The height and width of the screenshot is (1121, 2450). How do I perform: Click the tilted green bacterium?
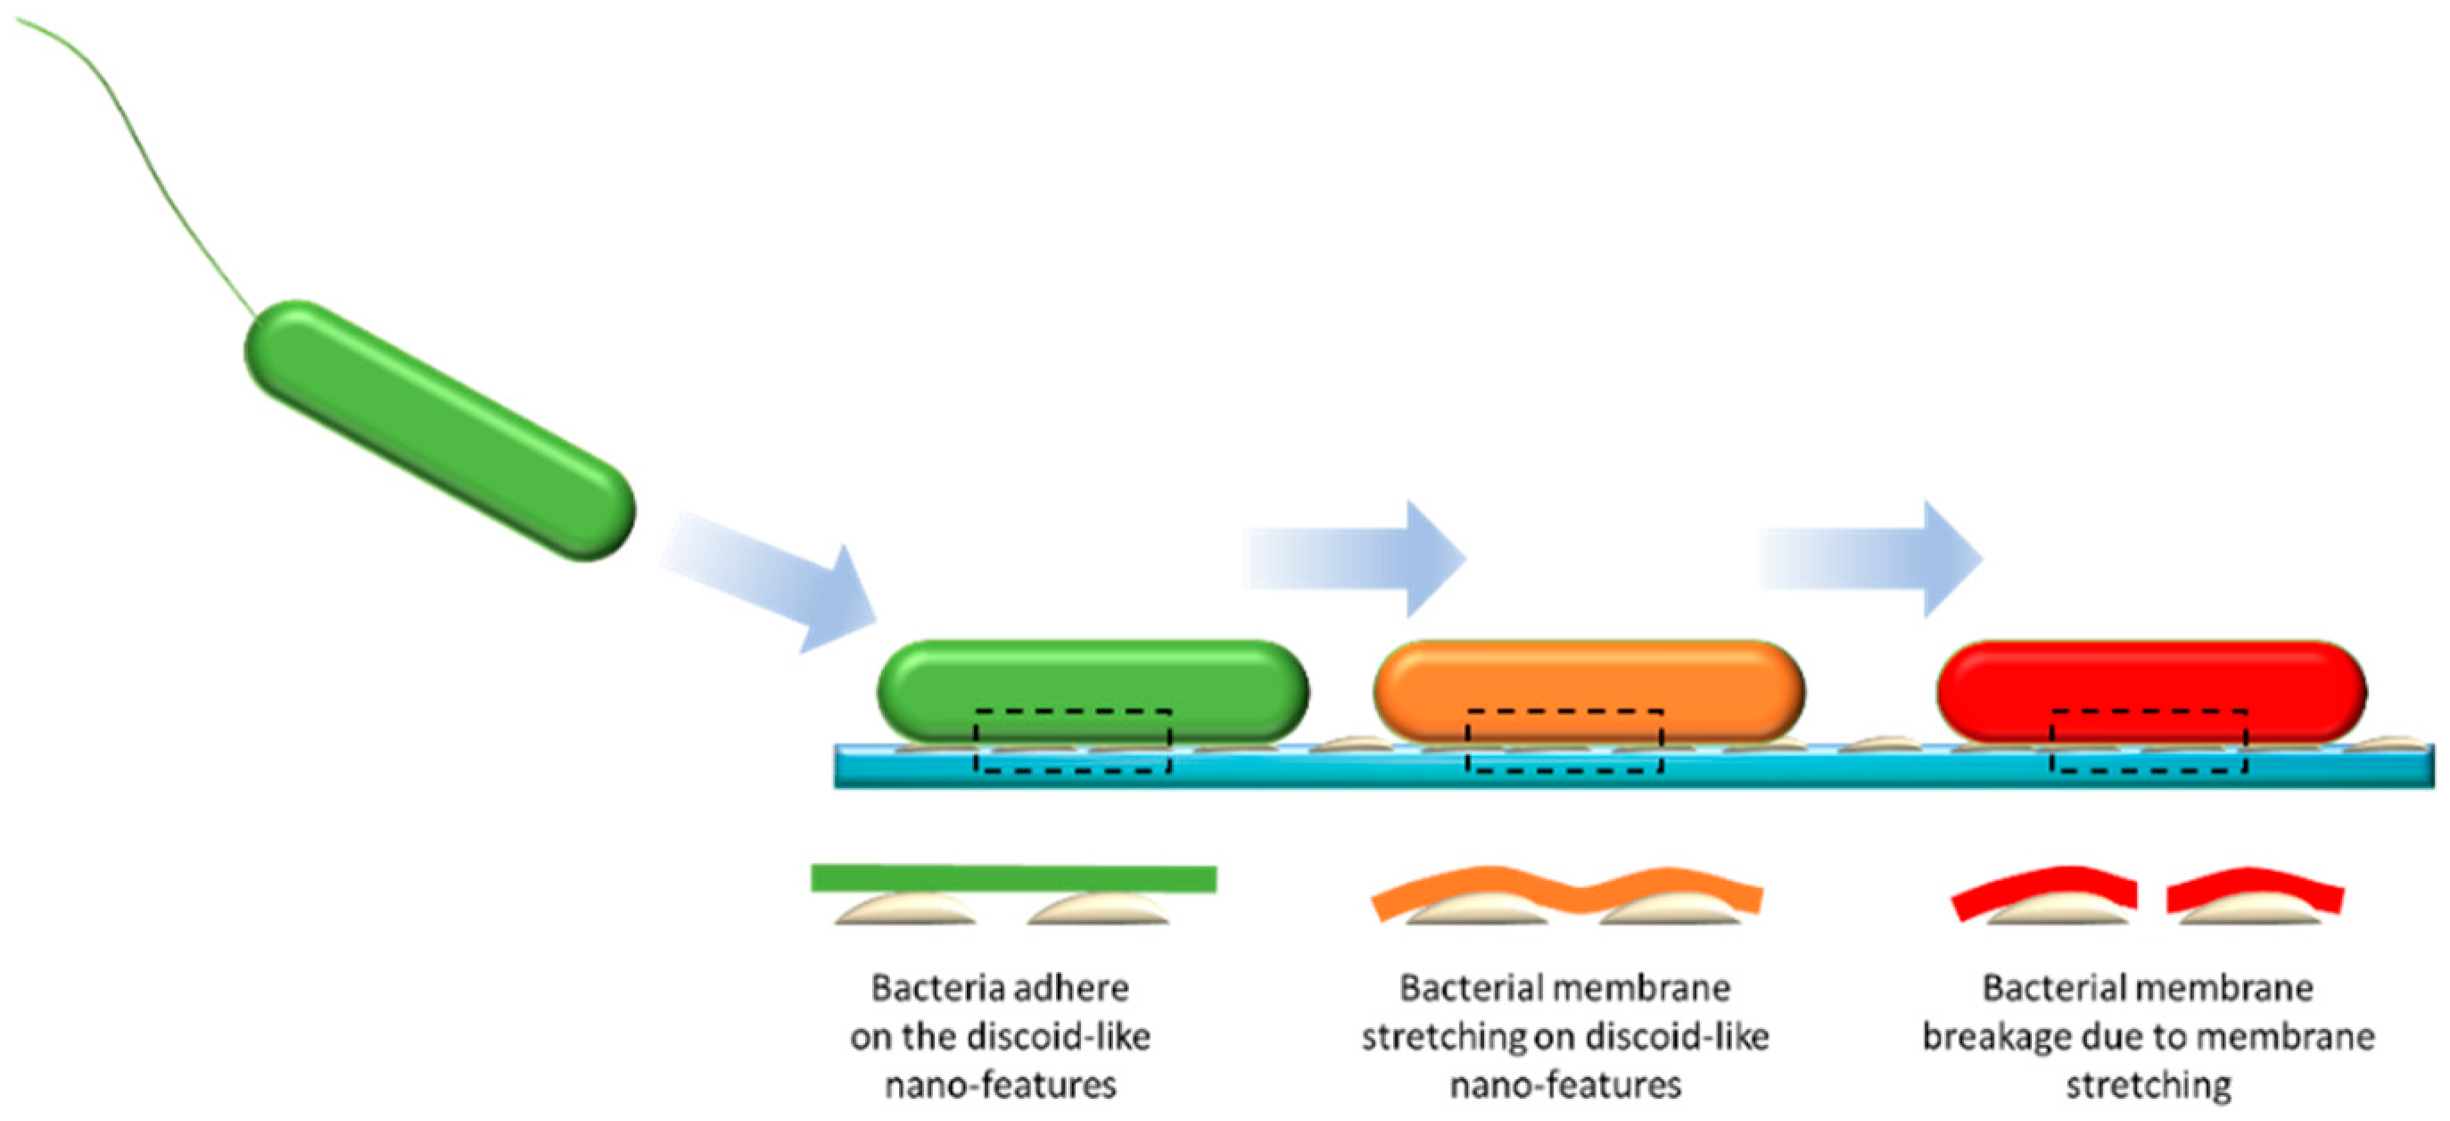(x=440, y=430)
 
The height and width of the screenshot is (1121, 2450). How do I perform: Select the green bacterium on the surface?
(x=1092, y=680)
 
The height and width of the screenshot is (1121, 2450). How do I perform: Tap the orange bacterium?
(x=1588, y=680)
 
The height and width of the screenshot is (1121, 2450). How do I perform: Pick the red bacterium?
(x=2151, y=680)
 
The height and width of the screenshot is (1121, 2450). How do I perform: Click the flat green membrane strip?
(x=1013, y=878)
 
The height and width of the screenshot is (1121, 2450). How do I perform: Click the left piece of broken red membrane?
(x=2045, y=890)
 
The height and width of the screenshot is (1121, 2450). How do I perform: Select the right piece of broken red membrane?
(x=2254, y=890)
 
